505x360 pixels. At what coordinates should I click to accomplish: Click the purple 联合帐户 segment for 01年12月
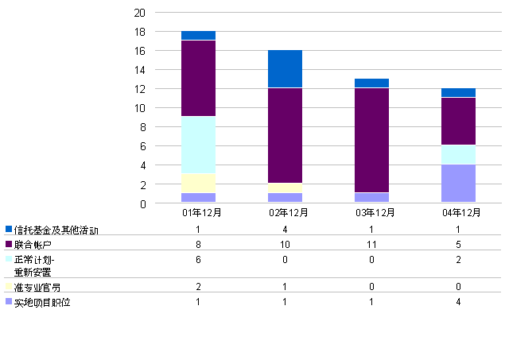(x=199, y=78)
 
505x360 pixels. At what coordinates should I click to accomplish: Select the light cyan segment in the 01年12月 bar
(x=199, y=145)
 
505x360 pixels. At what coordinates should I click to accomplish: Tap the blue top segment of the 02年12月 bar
(x=285, y=68)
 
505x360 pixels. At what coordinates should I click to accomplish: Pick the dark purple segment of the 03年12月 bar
(x=371, y=140)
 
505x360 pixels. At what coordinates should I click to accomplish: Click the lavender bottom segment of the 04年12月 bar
(x=458, y=184)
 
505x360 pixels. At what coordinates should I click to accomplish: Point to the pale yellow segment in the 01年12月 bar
(x=199, y=183)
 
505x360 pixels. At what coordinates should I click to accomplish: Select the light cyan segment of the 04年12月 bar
(x=458, y=154)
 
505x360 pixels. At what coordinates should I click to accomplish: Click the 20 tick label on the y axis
(x=139, y=13)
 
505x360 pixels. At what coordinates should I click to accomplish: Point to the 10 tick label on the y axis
(x=139, y=108)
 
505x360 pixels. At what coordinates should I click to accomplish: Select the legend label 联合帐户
(x=33, y=245)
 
